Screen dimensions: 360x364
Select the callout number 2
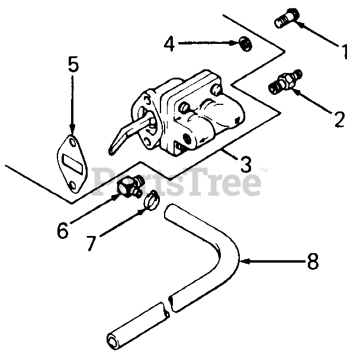pos(340,119)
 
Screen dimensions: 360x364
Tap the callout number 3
pos(246,164)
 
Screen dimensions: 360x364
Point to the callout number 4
pos(169,43)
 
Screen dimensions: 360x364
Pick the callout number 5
pos(73,64)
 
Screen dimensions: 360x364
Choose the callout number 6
pos(63,230)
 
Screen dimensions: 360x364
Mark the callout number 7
pos(91,243)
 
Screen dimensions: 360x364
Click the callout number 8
pos(313,261)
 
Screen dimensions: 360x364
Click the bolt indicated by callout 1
pos(287,18)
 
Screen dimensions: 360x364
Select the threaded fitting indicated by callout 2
pos(285,82)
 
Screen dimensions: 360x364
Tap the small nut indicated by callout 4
pos(246,44)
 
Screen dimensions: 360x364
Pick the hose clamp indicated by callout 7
pos(152,200)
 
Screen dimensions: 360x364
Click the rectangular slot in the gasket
pos(72,164)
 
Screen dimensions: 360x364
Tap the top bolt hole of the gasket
pos(72,143)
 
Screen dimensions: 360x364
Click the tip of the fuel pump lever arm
pos(111,152)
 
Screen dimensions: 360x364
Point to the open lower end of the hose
pos(114,341)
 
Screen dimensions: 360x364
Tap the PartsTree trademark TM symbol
pos(263,170)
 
